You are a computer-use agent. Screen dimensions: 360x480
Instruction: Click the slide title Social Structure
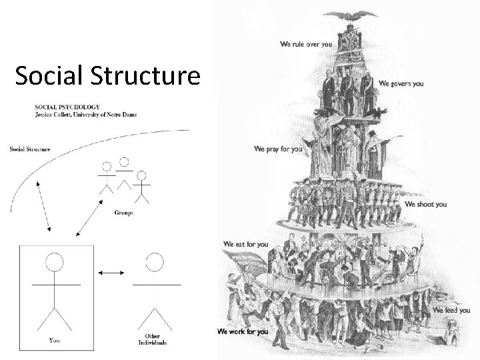pyautogui.click(x=107, y=77)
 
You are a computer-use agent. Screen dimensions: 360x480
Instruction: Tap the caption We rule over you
pyautogui.click(x=305, y=45)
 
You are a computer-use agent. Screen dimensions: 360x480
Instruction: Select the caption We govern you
pyautogui.click(x=401, y=84)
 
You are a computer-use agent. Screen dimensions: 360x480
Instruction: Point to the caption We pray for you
pyautogui.click(x=278, y=149)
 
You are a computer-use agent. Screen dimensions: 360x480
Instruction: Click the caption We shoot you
pyautogui.click(x=426, y=204)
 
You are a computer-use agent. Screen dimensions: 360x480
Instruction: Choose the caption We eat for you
pyautogui.click(x=246, y=244)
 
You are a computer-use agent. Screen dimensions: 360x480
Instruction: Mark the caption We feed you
pyautogui.click(x=451, y=311)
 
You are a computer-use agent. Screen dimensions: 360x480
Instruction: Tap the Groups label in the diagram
pyautogui.click(x=124, y=213)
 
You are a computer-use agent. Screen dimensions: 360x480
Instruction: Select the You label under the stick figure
pyautogui.click(x=55, y=341)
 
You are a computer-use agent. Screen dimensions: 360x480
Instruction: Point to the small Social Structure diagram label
pyautogui.click(x=30, y=149)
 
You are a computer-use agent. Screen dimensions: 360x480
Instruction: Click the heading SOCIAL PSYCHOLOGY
pyautogui.click(x=69, y=107)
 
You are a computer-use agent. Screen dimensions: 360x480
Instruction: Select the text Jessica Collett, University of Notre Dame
pyautogui.click(x=86, y=115)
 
